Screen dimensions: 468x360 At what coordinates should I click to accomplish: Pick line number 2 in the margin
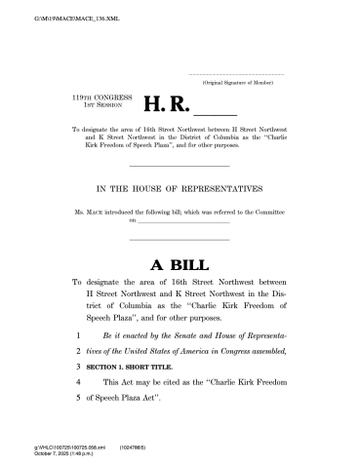click(x=75, y=349)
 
